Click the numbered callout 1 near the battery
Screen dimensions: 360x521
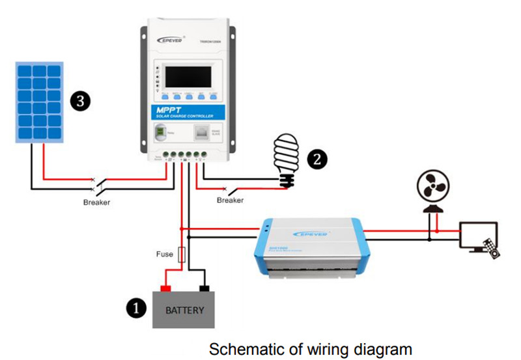click(135, 308)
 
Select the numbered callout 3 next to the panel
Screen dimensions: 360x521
click(79, 101)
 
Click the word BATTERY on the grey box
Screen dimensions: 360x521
click(185, 310)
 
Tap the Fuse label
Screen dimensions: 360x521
click(164, 253)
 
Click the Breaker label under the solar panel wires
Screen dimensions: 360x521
click(96, 202)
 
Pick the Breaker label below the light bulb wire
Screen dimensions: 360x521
click(230, 201)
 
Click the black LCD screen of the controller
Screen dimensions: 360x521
click(187, 77)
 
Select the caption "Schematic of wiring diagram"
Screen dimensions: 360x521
click(310, 348)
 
